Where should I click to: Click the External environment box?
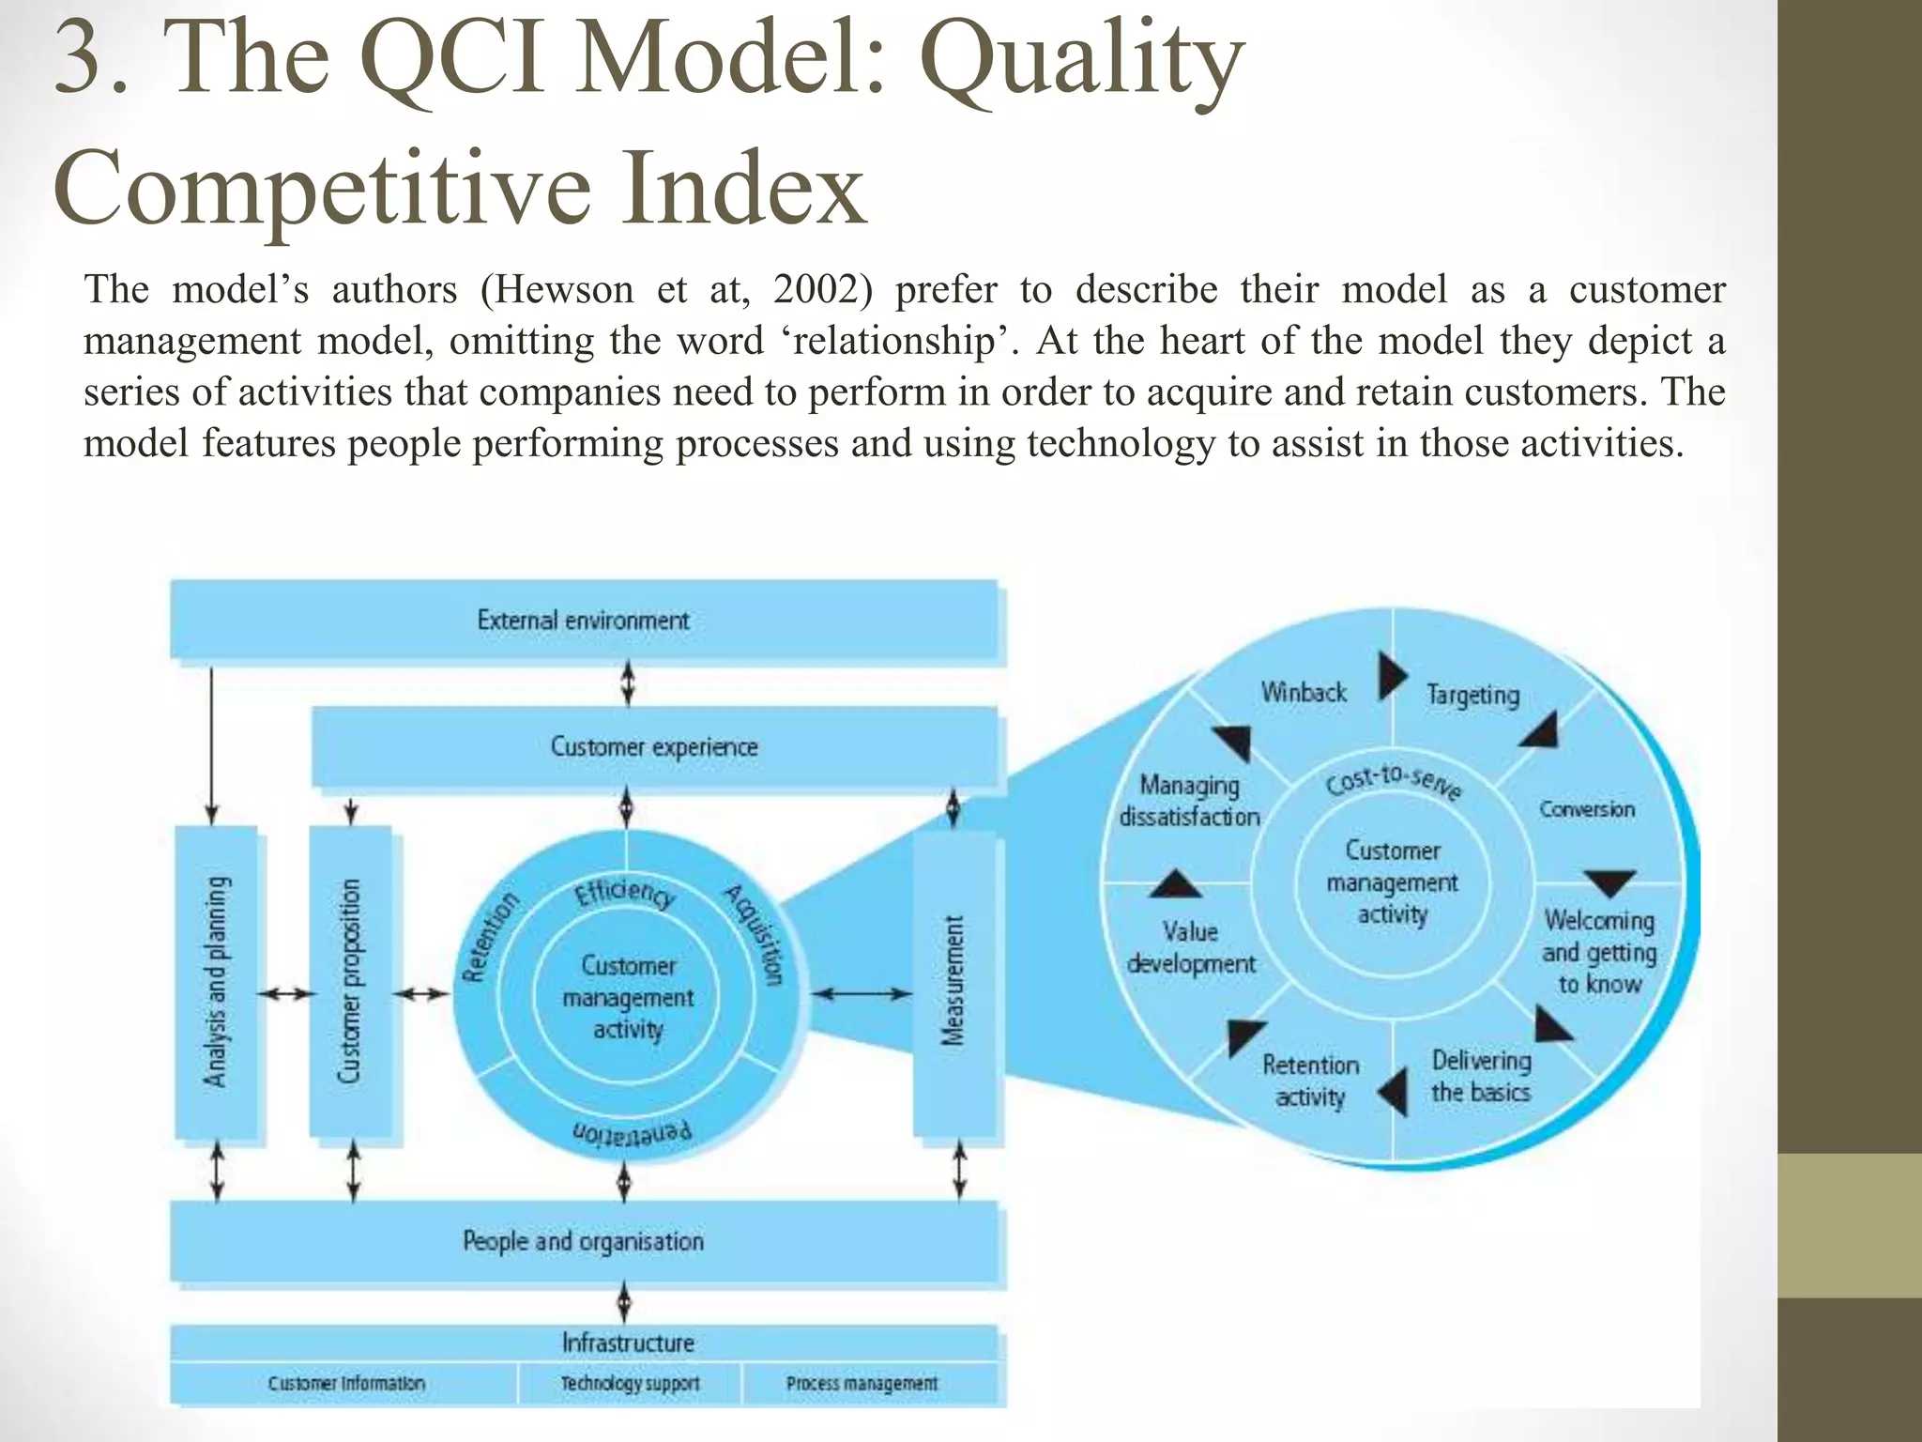coord(583,620)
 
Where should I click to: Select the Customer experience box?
coord(654,747)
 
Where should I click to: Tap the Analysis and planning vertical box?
coord(217,982)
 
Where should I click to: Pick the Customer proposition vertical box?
coord(350,982)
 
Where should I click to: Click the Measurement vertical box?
coord(953,982)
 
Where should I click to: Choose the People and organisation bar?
coord(583,1241)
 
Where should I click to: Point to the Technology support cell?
coord(630,1384)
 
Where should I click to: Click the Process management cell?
coord(862,1384)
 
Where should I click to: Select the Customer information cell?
coord(346,1384)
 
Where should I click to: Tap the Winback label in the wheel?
coord(1304,693)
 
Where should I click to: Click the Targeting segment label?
coord(1472,696)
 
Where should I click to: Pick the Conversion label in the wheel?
coord(1586,809)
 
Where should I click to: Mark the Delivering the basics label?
coord(1481,1077)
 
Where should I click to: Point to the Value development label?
coord(1190,948)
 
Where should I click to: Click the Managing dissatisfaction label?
coord(1189,801)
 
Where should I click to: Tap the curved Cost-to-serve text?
coord(1393,782)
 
